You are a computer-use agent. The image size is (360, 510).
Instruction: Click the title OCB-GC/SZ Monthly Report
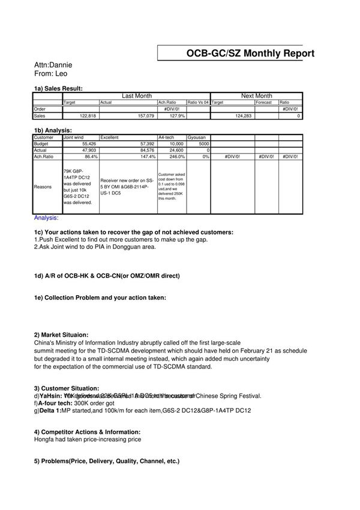click(x=250, y=53)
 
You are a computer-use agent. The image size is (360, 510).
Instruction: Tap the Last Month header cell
click(x=137, y=96)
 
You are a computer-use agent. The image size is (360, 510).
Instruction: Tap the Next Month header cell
click(x=256, y=96)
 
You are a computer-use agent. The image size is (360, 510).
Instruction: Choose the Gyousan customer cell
click(x=196, y=137)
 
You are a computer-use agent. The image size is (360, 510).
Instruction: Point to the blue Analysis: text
click(x=46, y=218)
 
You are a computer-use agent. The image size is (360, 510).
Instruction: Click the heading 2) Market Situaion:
click(x=61, y=335)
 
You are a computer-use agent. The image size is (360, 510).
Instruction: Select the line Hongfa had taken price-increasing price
click(x=88, y=439)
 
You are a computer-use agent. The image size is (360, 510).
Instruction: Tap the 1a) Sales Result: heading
click(x=58, y=88)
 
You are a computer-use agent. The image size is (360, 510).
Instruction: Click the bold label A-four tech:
click(x=61, y=403)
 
